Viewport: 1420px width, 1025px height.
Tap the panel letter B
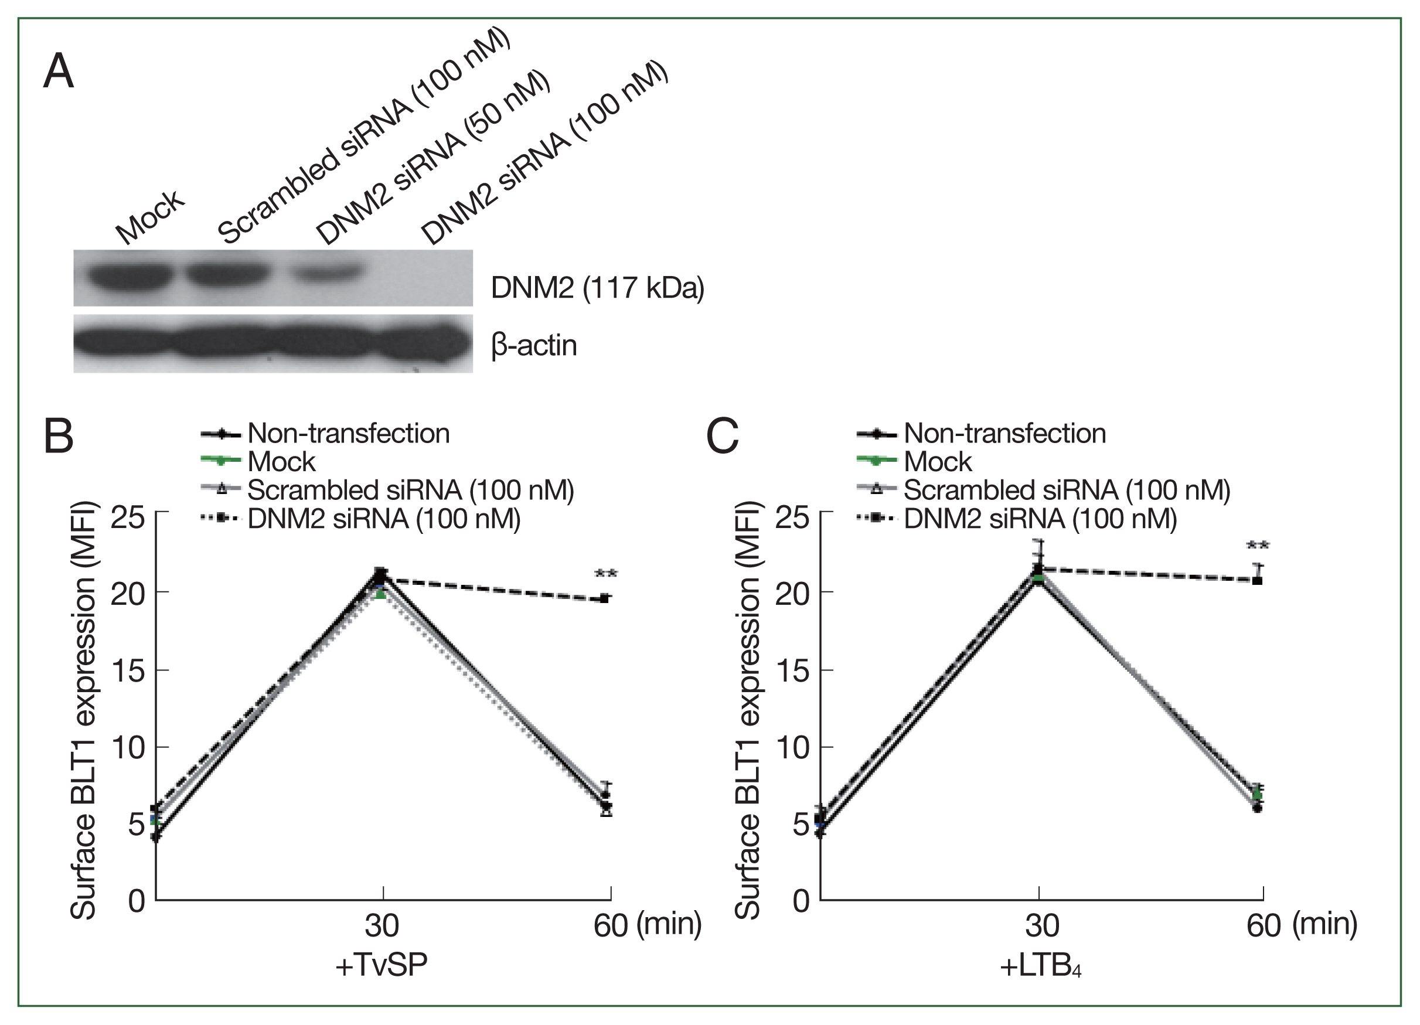pos(59,436)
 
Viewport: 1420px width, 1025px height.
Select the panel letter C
pos(722,436)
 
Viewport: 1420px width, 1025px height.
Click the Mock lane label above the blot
pos(150,217)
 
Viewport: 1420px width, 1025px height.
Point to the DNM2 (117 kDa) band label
pos(597,288)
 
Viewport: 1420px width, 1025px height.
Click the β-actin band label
pos(534,346)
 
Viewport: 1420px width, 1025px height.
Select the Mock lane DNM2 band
pos(130,275)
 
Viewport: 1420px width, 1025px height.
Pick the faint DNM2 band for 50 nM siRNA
pos(328,273)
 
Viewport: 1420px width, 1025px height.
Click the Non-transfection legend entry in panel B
pos(348,433)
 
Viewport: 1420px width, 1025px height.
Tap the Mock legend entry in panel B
pos(281,461)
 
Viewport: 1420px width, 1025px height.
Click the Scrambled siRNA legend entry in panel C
pos(1066,491)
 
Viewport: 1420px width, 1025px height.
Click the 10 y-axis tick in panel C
pos(792,748)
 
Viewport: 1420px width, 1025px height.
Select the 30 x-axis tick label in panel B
pos(382,925)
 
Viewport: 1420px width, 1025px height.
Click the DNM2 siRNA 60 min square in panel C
pos(1256,580)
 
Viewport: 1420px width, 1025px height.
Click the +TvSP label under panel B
pos(382,965)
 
